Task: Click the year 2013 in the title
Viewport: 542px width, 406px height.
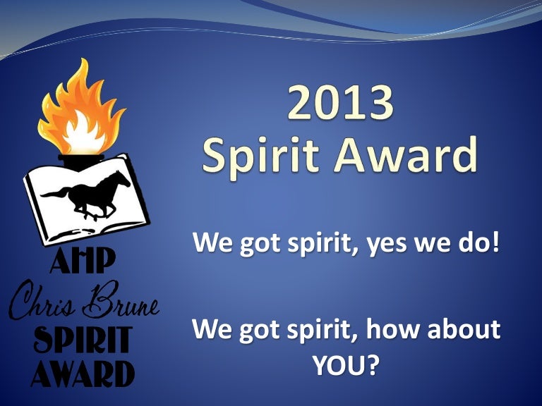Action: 339,104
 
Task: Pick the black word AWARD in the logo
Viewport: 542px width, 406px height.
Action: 80,373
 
